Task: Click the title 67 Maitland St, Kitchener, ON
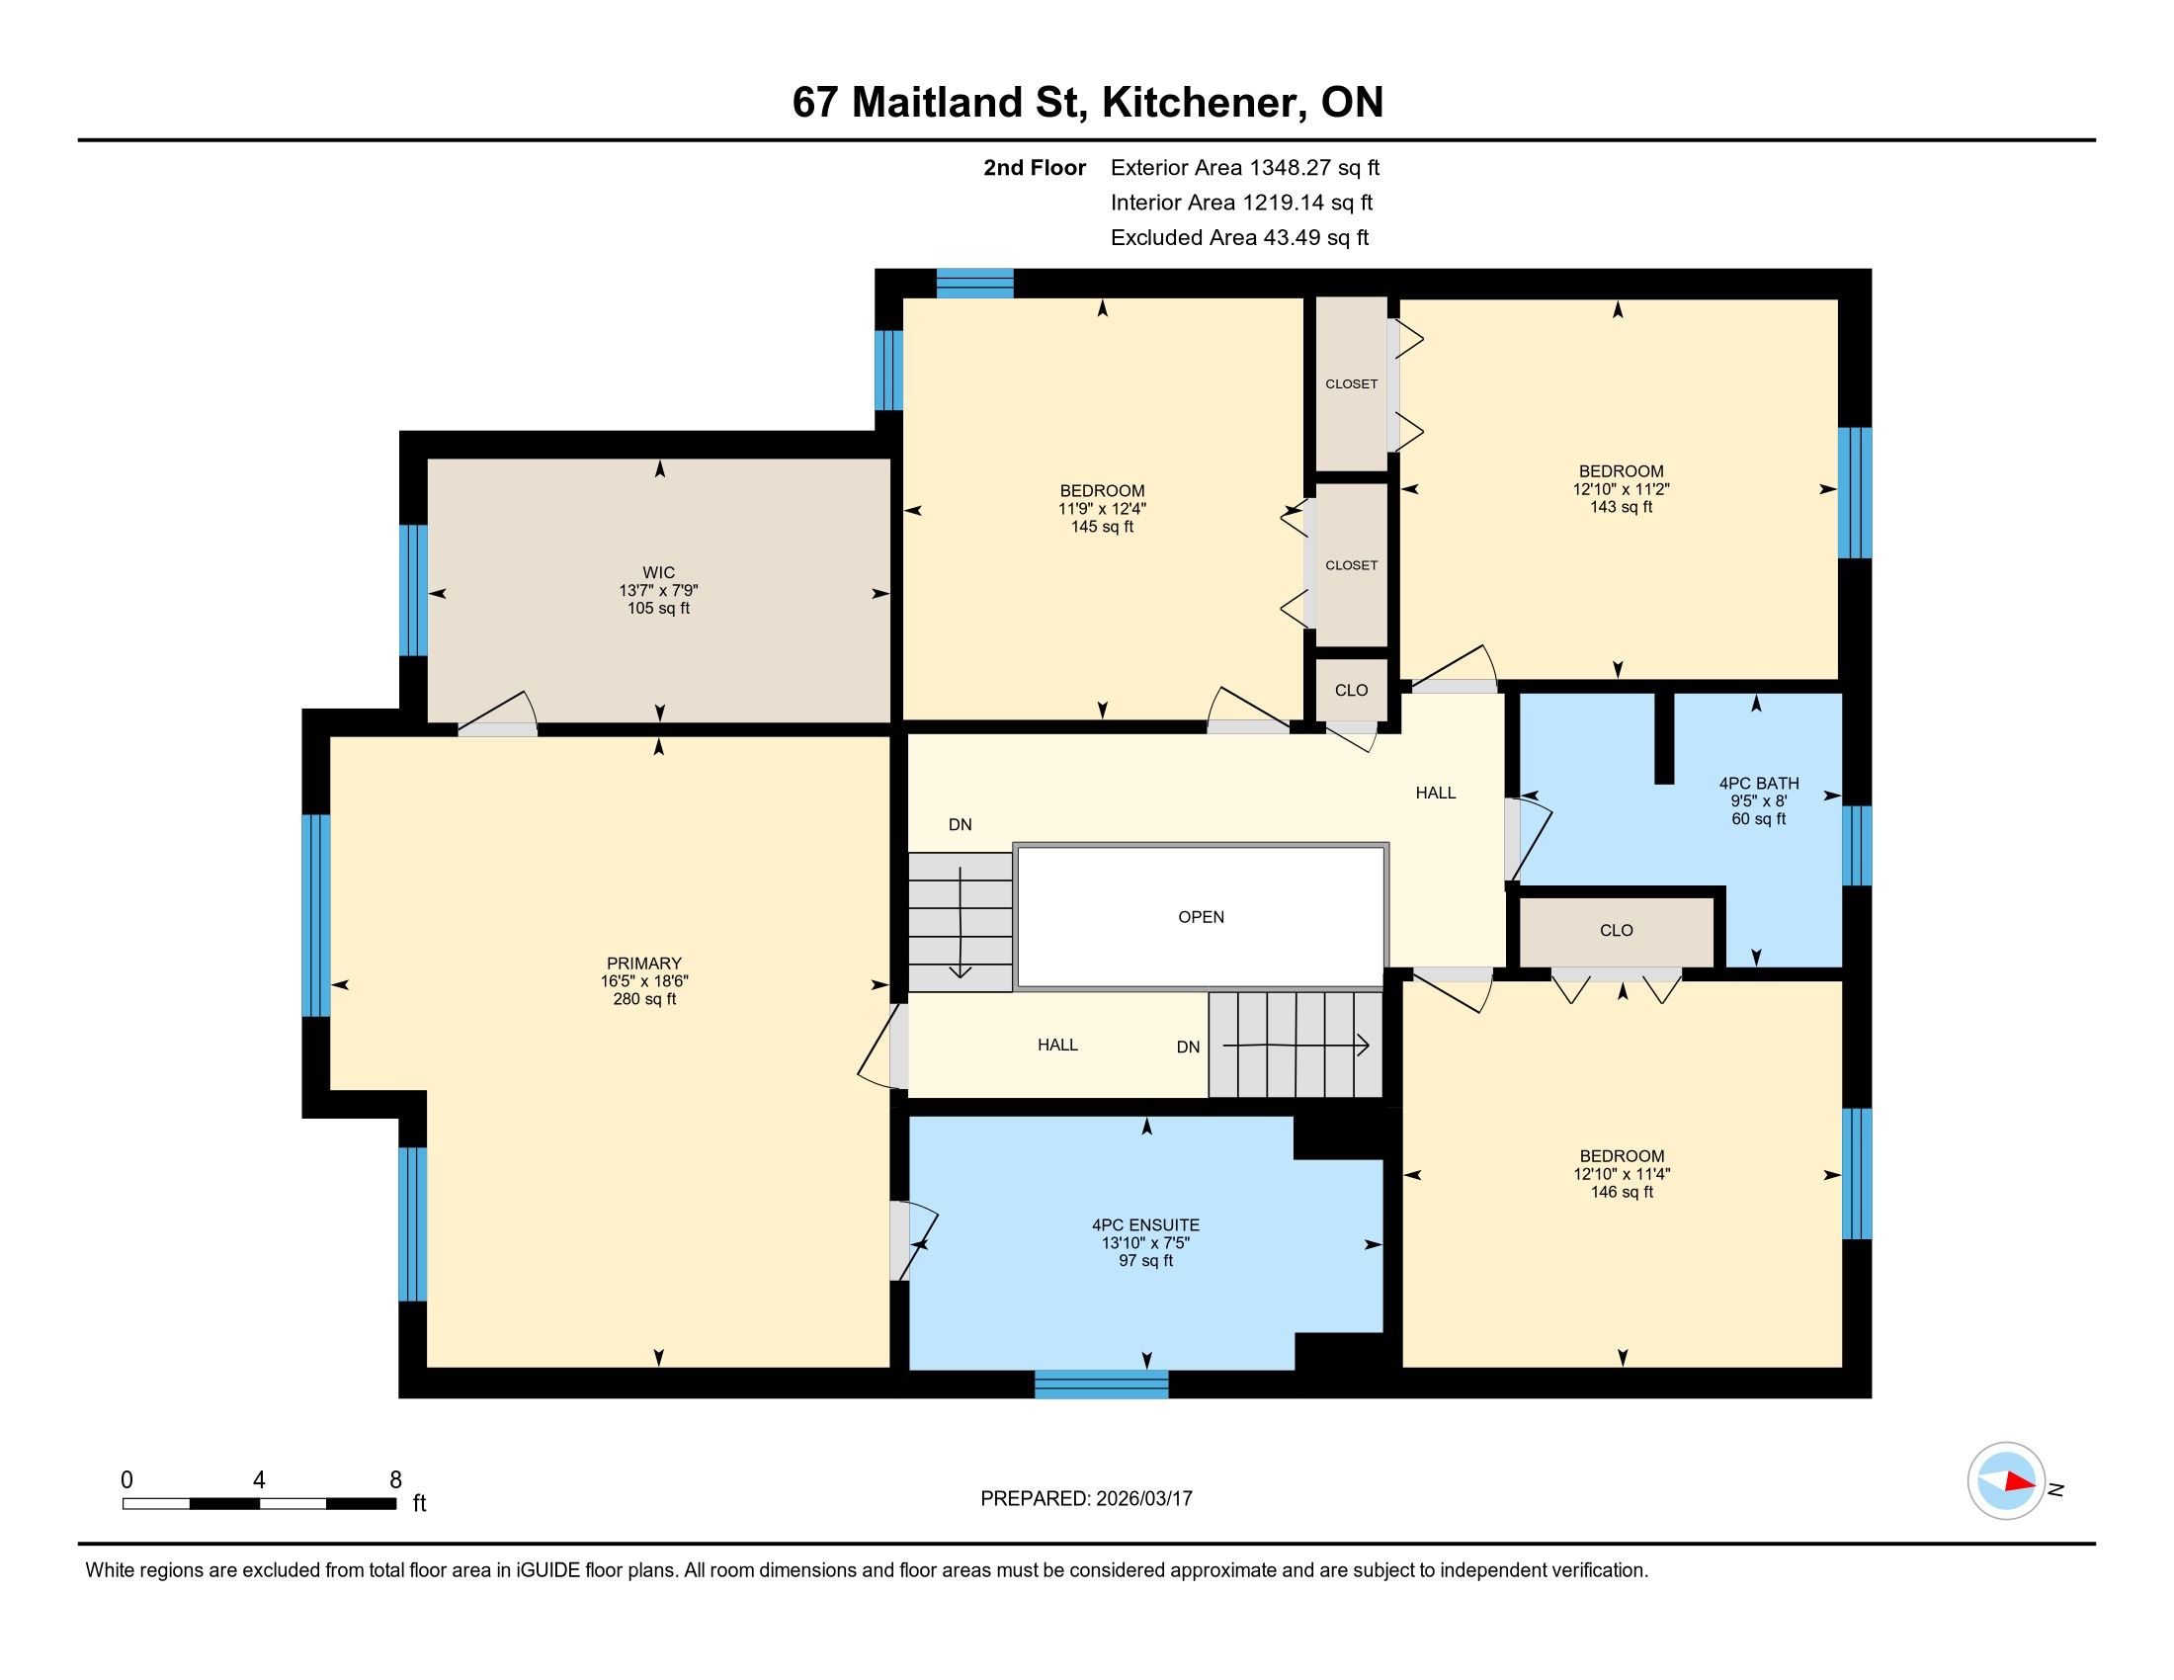[1087, 102]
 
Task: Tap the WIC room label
[658, 572]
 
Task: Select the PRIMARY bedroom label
[644, 963]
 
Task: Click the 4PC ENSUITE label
[1145, 1225]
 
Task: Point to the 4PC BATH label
[1759, 784]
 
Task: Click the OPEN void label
[1201, 917]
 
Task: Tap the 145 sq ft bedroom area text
[1102, 527]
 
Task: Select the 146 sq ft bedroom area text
[1622, 1192]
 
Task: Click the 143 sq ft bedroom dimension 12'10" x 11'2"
[1621, 488]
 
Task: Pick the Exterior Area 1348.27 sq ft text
[1245, 167]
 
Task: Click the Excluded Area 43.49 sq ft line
[1239, 237]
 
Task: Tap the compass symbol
[2007, 1480]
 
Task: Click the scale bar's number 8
[395, 1480]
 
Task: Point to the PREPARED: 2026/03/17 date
[1086, 1498]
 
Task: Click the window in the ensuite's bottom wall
[1101, 1384]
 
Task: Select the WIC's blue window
[413, 590]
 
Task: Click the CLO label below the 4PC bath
[1616, 930]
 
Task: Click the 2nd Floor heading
[1035, 167]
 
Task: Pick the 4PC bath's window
[1857, 845]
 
